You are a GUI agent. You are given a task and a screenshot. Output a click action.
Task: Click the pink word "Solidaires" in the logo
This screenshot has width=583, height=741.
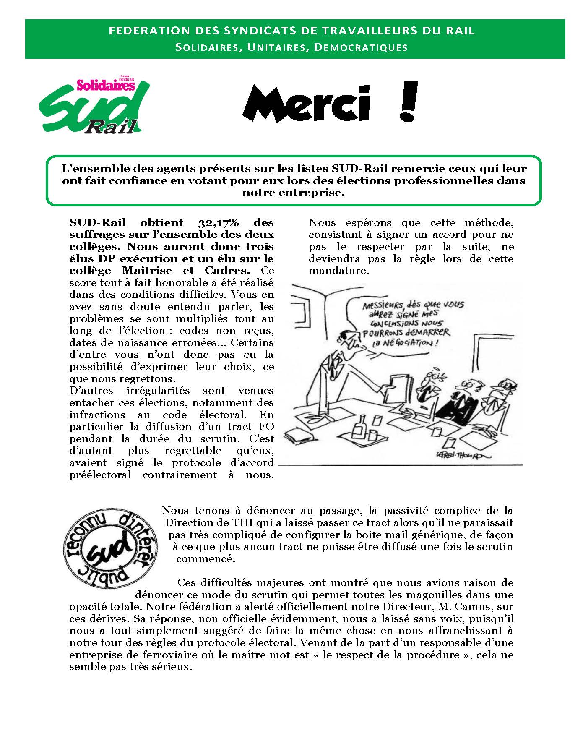[106, 86]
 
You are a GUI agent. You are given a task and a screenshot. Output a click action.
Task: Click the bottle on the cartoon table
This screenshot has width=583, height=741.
[359, 428]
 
